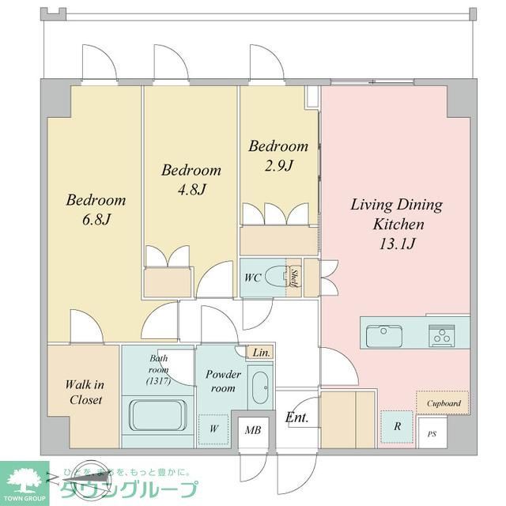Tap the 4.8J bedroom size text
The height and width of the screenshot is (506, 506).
pyautogui.click(x=191, y=190)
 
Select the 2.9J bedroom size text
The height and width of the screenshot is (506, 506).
pyautogui.click(x=279, y=166)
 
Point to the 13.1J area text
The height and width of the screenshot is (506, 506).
pyautogui.click(x=396, y=244)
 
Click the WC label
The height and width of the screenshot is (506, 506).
pyautogui.click(x=253, y=278)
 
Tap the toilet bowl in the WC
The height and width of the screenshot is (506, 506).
pyautogui.click(x=275, y=278)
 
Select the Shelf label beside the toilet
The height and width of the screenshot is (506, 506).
pyautogui.click(x=293, y=278)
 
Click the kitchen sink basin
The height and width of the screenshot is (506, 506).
pyautogui.click(x=384, y=336)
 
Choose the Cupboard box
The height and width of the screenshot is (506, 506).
pyautogui.click(x=444, y=403)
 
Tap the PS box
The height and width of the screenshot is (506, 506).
pyautogui.click(x=431, y=434)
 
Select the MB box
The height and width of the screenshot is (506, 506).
pyautogui.click(x=254, y=431)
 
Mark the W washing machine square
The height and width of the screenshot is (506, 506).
pyautogui.click(x=213, y=429)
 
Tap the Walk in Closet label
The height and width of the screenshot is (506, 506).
pyautogui.click(x=84, y=392)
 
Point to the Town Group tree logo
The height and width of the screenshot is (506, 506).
pyautogui.click(x=24, y=479)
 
